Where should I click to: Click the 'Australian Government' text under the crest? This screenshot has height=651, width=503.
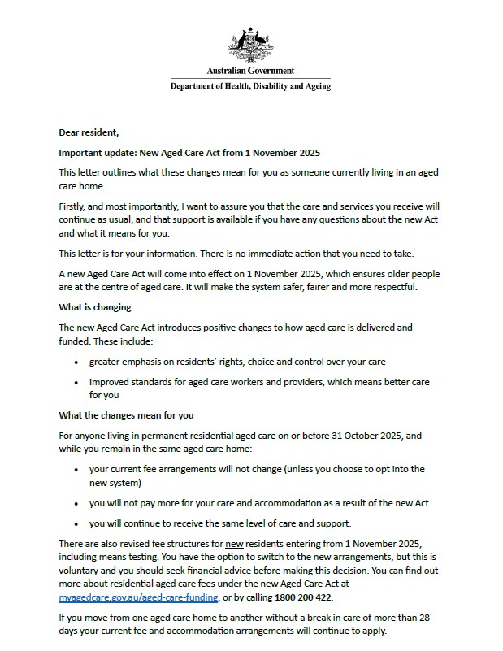[250, 71]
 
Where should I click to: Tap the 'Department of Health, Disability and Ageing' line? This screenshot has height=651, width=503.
[250, 86]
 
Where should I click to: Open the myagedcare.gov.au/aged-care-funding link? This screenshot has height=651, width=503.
[138, 597]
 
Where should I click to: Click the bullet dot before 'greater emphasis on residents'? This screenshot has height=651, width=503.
[76, 362]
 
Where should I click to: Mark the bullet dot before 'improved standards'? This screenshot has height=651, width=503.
[76, 382]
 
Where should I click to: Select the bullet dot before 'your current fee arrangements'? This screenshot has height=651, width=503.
[76, 470]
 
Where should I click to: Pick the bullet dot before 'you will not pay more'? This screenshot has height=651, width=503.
[76, 503]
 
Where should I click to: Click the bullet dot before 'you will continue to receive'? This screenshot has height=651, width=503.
[76, 523]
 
